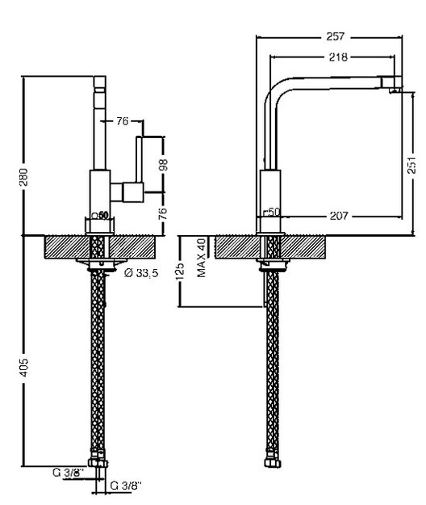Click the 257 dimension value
pyautogui.click(x=336, y=36)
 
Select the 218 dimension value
pyautogui.click(x=338, y=57)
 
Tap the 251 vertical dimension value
pyautogui.click(x=411, y=165)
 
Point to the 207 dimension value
pyautogui.click(x=339, y=216)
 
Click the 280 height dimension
pyautogui.click(x=23, y=177)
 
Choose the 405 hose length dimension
pyautogui.click(x=23, y=368)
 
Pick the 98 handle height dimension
pyautogui.click(x=164, y=165)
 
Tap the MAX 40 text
pyautogui.click(x=201, y=258)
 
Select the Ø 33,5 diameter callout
pyautogui.click(x=141, y=273)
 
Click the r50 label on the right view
pyautogui.click(x=272, y=212)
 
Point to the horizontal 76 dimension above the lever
pyautogui.click(x=122, y=121)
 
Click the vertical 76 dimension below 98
pyautogui.click(x=164, y=213)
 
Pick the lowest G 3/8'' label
pyautogui.click(x=126, y=486)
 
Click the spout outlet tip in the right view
pyautogui.click(x=395, y=90)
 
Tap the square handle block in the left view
pyautogui.click(x=133, y=192)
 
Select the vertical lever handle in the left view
pyautogui.click(x=139, y=160)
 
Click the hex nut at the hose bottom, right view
pyautogui.click(x=273, y=463)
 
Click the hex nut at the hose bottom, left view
pyautogui.click(x=98, y=463)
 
